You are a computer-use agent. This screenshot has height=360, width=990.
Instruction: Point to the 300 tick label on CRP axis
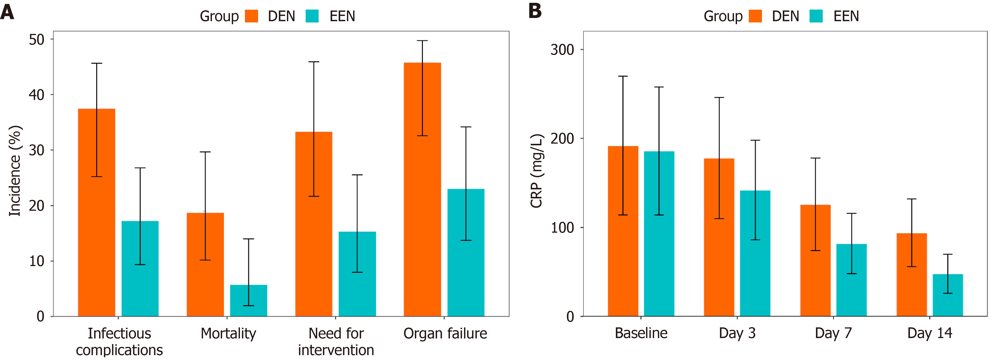(x=562, y=49)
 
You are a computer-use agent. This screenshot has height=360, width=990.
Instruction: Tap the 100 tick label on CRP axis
(x=562, y=227)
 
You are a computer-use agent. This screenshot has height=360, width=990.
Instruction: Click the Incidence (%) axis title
(x=15, y=171)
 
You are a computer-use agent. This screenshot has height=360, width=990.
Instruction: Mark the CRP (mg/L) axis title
(x=537, y=171)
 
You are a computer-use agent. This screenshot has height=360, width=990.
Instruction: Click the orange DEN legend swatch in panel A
(x=252, y=16)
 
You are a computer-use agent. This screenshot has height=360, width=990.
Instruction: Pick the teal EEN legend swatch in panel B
(x=816, y=16)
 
